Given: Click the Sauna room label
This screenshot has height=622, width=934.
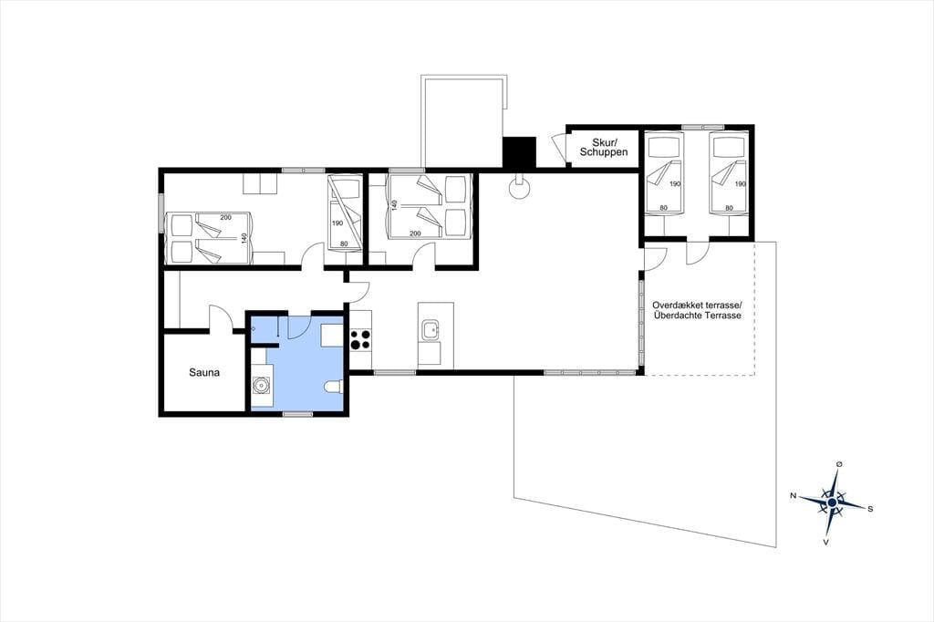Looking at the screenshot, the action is tap(204, 373).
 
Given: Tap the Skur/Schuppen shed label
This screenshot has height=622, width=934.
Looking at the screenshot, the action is tap(604, 147).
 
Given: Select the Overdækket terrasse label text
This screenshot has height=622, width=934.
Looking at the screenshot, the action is tap(697, 305).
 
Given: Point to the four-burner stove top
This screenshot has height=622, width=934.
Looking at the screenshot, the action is tap(360, 339).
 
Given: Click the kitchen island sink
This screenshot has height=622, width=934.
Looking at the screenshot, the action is tap(430, 329).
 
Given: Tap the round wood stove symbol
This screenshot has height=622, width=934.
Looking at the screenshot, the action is tap(519, 188).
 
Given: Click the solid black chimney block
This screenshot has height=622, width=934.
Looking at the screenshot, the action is tap(519, 152).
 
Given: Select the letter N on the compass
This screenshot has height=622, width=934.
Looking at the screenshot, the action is tap(794, 496).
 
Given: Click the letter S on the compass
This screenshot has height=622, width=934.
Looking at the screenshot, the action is tap(870, 509).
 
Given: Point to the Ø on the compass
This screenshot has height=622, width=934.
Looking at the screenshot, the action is tap(839, 464).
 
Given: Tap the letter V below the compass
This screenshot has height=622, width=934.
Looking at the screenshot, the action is tap(826, 542).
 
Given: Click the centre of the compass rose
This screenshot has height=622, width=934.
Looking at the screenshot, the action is tap(833, 503).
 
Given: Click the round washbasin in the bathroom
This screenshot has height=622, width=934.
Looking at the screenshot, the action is tap(260, 386).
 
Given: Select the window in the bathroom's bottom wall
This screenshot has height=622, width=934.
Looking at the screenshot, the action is tap(298, 413).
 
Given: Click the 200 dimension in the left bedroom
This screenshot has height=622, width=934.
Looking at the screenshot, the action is tap(226, 217).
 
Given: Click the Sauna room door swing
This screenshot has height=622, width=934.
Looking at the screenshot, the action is tap(219, 317).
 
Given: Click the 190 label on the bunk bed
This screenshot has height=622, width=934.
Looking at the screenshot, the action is tap(337, 223).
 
